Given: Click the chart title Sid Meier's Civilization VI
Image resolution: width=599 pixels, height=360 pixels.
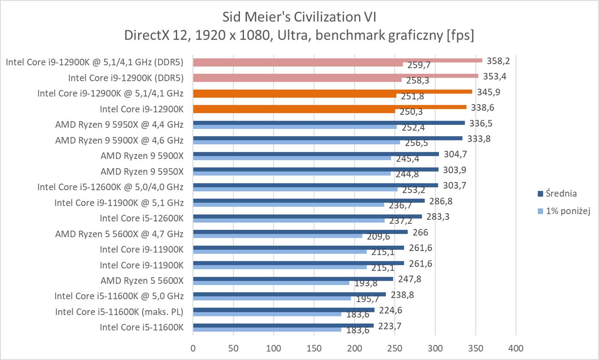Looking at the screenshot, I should coord(299,17).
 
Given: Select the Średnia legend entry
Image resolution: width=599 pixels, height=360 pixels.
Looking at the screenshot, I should coord(561,194).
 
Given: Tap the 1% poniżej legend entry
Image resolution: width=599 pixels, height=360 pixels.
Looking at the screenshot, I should coord(568,211).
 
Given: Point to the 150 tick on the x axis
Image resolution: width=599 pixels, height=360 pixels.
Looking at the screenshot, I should coord(314,348).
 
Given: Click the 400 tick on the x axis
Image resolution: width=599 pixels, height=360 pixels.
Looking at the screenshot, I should coord(515,348).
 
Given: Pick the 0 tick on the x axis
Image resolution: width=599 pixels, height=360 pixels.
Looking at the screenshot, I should coord(193,348).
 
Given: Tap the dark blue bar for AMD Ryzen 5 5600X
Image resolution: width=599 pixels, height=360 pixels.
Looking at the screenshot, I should coord(293,279).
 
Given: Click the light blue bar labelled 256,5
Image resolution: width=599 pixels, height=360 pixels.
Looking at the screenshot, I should coord(296,142).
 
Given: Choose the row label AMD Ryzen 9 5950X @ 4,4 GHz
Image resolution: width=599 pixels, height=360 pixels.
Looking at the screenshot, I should coord(119,124).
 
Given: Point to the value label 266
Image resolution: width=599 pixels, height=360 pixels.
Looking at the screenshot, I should coord(420,232).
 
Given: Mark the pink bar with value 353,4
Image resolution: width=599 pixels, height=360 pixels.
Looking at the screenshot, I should coord(335,76).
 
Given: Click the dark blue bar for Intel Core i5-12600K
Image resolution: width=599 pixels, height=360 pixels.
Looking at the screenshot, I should coord(307,216).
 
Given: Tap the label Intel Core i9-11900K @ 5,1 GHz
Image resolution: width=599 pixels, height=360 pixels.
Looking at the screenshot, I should coord(119,203).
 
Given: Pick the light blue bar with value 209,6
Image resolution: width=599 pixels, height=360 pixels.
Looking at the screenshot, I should coord(277,236).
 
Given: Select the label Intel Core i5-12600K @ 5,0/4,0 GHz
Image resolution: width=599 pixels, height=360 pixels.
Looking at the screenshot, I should coord(110,187).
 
